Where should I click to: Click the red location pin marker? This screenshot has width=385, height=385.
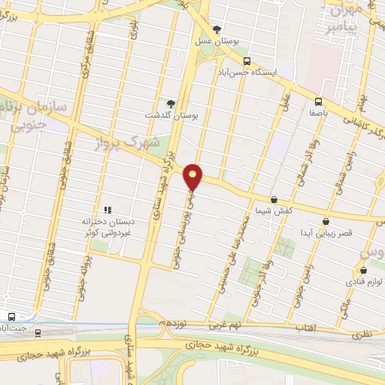(193, 176)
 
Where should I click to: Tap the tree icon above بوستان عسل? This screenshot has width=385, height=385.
(217, 29)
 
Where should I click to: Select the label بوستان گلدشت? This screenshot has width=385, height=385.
(170, 115)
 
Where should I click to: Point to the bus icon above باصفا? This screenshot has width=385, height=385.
(318, 102)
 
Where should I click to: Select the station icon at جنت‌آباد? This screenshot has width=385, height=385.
(11, 316)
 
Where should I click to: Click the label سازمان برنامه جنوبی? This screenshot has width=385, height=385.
(41, 117)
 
